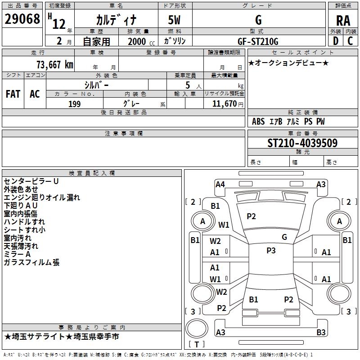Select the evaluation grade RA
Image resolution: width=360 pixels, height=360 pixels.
343,20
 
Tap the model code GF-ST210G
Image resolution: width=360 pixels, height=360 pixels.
258,41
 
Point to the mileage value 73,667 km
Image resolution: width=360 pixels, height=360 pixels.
54,64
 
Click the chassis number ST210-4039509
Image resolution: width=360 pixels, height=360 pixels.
302,143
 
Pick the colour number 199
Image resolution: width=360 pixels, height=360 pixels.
74,104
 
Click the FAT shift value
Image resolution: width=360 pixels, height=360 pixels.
13,94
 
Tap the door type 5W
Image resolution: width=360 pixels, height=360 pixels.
175,20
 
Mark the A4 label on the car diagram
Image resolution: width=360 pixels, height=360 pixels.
220,184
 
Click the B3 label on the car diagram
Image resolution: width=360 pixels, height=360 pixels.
321,333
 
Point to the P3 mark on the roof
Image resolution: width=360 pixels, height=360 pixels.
271,251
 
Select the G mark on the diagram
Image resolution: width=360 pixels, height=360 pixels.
284,237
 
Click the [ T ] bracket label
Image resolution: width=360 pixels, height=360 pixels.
196,344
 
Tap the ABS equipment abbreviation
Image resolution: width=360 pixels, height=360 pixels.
258,121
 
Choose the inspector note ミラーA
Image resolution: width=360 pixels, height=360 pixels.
18,254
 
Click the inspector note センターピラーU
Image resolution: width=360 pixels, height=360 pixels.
31,181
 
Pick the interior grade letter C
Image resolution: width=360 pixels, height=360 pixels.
351,41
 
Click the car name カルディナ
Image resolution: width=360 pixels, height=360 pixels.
116,20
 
